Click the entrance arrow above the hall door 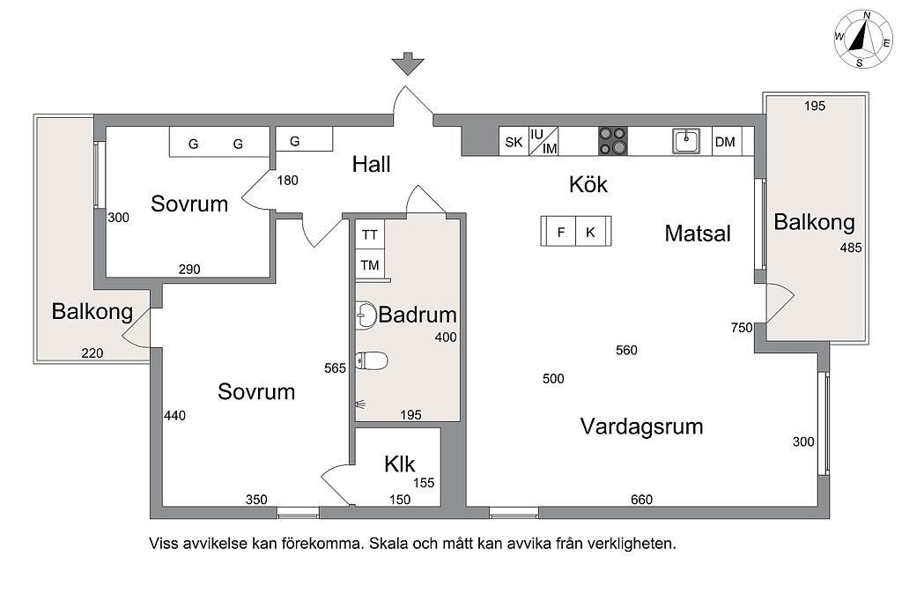[x=408, y=64]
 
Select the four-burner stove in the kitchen [x=613, y=141]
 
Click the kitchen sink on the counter [x=686, y=141]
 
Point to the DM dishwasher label [x=725, y=142]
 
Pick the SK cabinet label [x=514, y=142]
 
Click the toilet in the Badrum [x=371, y=361]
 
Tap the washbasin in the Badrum [x=366, y=315]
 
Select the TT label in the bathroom [x=370, y=235]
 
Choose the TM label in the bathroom [x=370, y=265]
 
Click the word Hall [x=371, y=165]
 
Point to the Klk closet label [x=399, y=464]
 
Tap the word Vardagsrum [x=641, y=427]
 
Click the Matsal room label [x=698, y=234]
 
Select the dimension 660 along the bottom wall [x=641, y=500]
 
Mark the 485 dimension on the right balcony [x=851, y=248]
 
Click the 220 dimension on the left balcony [x=92, y=352]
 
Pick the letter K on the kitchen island [x=590, y=232]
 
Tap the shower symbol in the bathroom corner [x=360, y=404]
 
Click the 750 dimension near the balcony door [x=742, y=328]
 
